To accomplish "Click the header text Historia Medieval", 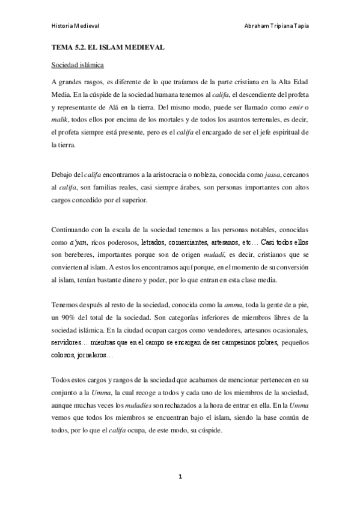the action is click(x=74, y=26).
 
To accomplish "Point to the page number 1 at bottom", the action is click(x=180, y=477).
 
